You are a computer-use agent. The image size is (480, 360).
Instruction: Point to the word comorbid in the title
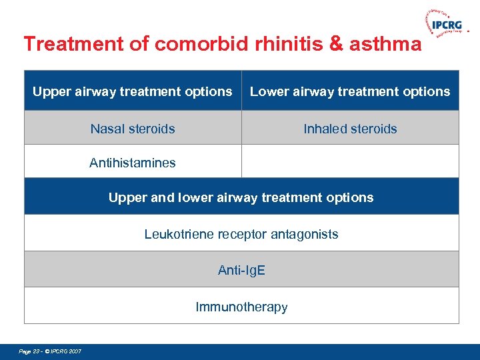pyautogui.click(x=198, y=44)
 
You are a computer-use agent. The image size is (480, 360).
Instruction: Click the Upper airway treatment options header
pyautogui.click(x=133, y=91)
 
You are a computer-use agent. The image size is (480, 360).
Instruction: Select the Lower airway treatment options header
pyautogui.click(x=350, y=91)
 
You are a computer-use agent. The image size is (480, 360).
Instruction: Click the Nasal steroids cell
pyautogui.click(x=133, y=129)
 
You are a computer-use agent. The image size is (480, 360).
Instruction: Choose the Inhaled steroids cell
pyautogui.click(x=350, y=129)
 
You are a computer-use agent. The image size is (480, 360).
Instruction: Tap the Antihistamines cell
pyautogui.click(x=133, y=163)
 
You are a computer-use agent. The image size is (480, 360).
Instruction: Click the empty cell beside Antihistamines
pyautogui.click(x=350, y=162)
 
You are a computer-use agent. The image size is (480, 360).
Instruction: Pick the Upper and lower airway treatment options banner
pyautogui.click(x=241, y=197)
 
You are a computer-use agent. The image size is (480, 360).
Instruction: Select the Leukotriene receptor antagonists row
pyautogui.click(x=241, y=234)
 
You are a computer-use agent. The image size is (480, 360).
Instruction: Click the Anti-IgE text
pyautogui.click(x=241, y=270)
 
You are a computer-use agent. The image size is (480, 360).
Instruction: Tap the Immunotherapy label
pyautogui.click(x=241, y=307)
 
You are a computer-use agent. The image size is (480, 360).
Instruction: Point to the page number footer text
pyautogui.click(x=51, y=351)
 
